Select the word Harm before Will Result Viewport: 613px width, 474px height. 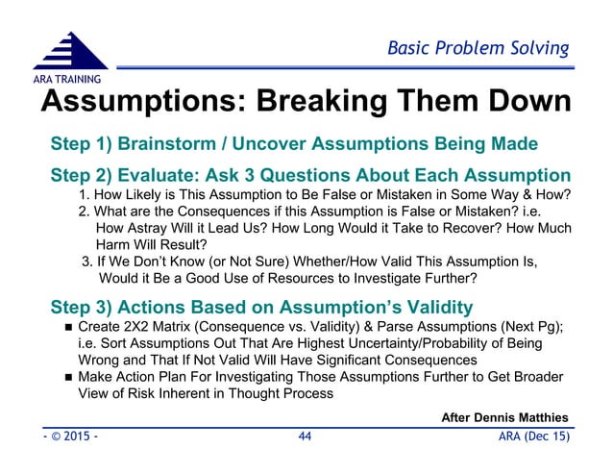point(118,245)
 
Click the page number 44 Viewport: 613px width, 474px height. point(305,437)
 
